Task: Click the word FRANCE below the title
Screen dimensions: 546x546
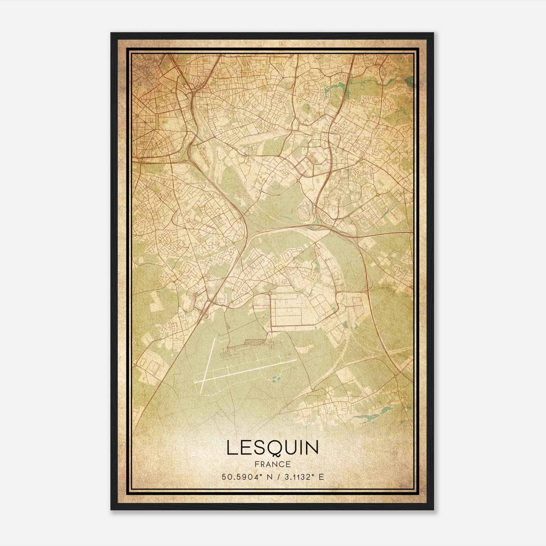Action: click(272, 464)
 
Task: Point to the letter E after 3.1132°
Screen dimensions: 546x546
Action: click(321, 477)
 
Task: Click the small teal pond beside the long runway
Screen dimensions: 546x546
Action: click(275, 378)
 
